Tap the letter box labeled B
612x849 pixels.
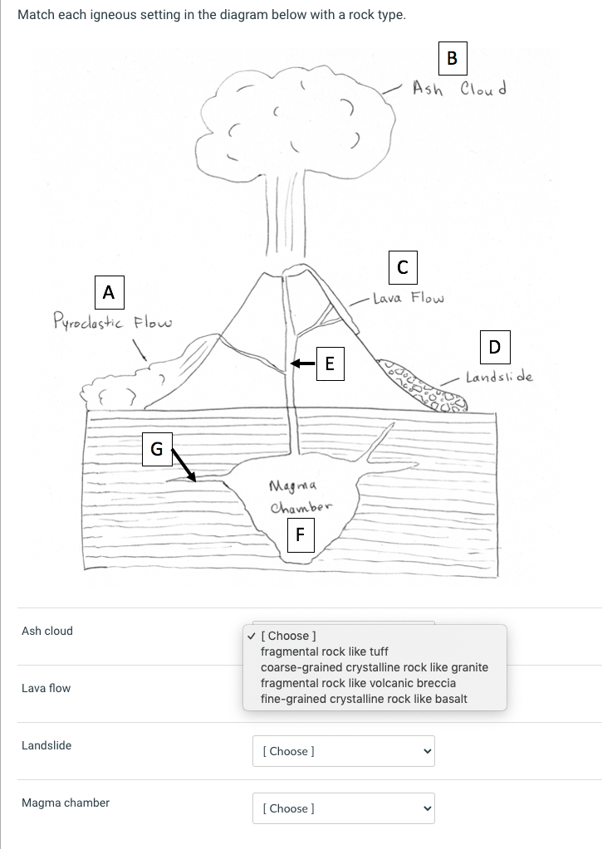[x=452, y=57]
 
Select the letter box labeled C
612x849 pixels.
[x=402, y=267]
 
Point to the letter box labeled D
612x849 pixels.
[x=495, y=346]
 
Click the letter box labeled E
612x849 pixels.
[x=330, y=363]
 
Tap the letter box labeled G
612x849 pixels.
[x=156, y=449]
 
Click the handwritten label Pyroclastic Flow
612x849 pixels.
[x=113, y=320]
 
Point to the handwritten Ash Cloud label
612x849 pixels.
[x=460, y=87]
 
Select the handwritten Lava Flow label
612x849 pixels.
[x=408, y=298]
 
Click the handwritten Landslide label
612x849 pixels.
[x=499, y=377]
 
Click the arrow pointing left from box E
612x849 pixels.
[x=302, y=363]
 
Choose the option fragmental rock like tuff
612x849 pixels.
[x=324, y=651]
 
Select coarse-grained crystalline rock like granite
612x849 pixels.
[x=374, y=667]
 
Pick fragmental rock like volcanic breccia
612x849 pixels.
[x=358, y=683]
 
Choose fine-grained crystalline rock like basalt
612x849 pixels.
[x=364, y=699]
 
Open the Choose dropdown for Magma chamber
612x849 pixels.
[x=343, y=808]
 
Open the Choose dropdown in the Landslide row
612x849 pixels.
[x=343, y=751]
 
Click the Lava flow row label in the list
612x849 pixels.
[x=47, y=688]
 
